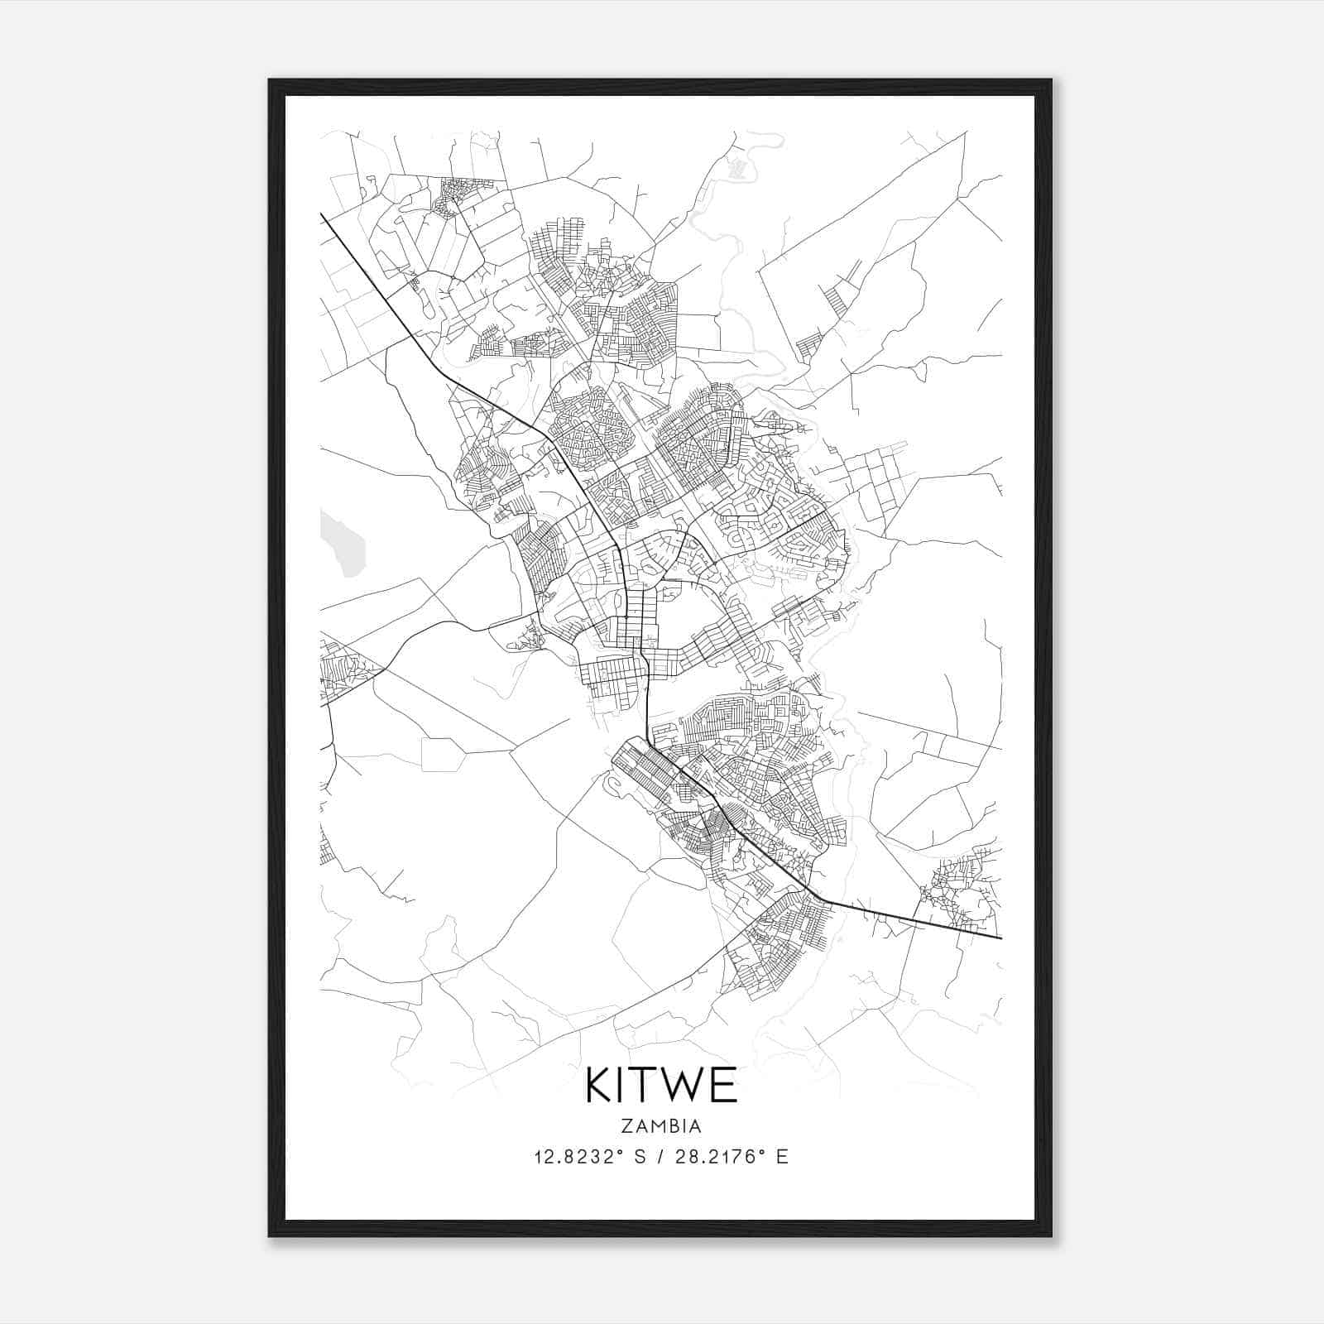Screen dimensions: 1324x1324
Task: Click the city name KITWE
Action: [x=661, y=1086]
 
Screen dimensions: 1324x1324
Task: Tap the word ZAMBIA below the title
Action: [x=661, y=1126]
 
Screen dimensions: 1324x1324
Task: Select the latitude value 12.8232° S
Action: [x=589, y=1157]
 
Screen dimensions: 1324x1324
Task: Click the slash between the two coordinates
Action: [x=662, y=1157]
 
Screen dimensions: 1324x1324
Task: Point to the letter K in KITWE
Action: [x=599, y=1086]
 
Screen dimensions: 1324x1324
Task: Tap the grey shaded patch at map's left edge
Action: [x=343, y=543]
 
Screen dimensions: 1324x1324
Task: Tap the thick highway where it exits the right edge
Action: [x=997, y=938]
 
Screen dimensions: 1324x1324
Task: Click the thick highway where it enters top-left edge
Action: [x=324, y=218]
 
